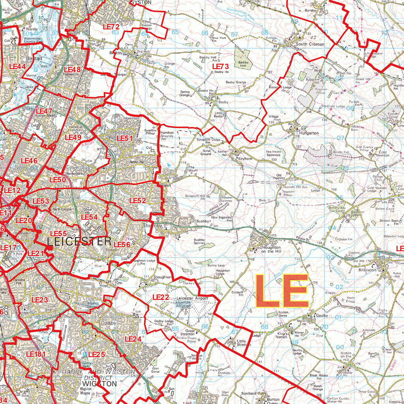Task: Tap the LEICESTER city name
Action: (x=79, y=241)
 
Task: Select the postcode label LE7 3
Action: (x=221, y=67)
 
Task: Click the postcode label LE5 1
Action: (x=125, y=138)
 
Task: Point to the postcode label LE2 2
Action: (x=161, y=297)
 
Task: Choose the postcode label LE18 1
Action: (x=36, y=354)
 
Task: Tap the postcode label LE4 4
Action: (x=17, y=66)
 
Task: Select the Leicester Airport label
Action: (x=192, y=299)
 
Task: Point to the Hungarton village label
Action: (x=309, y=133)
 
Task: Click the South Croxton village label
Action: (x=310, y=44)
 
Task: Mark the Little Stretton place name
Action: (x=243, y=342)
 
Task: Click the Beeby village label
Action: (x=223, y=102)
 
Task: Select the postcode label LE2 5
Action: (x=96, y=354)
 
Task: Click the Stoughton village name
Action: (x=163, y=277)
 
